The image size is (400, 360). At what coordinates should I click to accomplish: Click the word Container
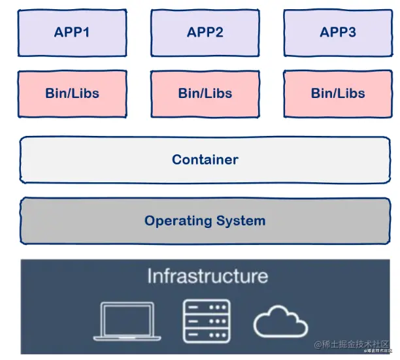[x=205, y=159]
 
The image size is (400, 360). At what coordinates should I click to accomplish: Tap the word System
[x=240, y=220]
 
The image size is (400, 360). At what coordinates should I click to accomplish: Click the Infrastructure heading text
[x=207, y=276]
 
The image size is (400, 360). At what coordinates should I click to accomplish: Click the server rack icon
[x=206, y=321]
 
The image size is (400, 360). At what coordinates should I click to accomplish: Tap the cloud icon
[x=280, y=321]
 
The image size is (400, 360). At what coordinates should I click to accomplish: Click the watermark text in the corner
[x=352, y=344]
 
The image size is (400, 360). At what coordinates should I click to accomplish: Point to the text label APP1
[x=72, y=32]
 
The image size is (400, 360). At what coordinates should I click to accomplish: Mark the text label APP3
[x=338, y=32]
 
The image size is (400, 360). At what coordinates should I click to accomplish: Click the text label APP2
[x=205, y=32]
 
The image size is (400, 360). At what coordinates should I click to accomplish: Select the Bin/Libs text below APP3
[x=338, y=93]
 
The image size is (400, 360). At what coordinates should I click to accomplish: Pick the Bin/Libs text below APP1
[x=72, y=93]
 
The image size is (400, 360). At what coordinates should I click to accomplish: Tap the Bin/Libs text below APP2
[x=205, y=93]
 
